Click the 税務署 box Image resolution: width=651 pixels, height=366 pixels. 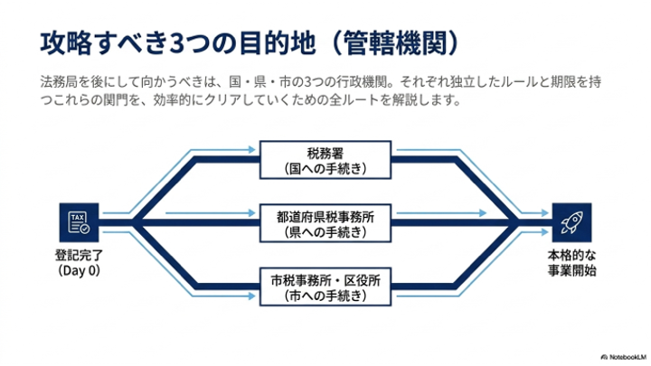point(325,160)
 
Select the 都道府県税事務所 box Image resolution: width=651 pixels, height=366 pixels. point(325,223)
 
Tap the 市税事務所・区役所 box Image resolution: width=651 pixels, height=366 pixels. point(325,287)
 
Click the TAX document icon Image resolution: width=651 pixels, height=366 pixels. point(79,222)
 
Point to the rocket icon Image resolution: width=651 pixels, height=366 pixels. point(571,222)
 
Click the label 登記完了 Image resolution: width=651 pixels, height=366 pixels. point(79,255)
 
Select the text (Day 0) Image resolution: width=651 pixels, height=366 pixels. point(79,270)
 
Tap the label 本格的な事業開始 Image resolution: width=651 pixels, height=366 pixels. point(571,263)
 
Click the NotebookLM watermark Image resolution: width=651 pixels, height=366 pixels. point(623,357)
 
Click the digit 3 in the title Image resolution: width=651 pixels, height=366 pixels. point(176,43)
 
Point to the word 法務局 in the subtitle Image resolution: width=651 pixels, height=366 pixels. point(59,81)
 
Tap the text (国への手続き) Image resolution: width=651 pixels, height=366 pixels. point(325,168)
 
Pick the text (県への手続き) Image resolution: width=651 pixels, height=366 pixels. point(325,232)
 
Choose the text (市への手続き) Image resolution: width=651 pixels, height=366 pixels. point(325,296)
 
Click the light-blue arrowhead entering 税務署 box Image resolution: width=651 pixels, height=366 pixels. point(251,149)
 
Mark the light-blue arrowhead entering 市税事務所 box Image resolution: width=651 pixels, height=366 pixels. point(251,296)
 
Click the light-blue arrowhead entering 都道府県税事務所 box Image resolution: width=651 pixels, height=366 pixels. point(251,213)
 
